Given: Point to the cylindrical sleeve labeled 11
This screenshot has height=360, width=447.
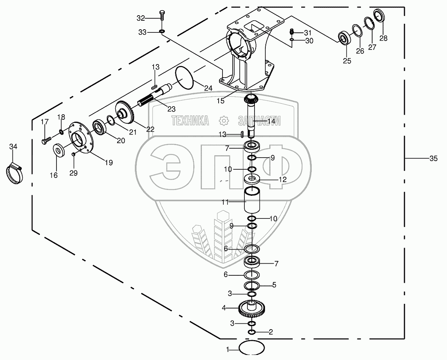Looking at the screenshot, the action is [253, 200].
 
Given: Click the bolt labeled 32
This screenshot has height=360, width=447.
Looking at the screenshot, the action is [162, 15].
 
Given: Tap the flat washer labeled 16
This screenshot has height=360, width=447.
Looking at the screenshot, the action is [59, 150].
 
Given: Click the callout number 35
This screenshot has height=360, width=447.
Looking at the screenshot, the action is [433, 158].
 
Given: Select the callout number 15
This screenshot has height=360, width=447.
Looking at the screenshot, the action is [220, 101].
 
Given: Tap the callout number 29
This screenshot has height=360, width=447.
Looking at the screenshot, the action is [74, 173].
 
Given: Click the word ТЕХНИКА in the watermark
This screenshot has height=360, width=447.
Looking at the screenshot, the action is [190, 121].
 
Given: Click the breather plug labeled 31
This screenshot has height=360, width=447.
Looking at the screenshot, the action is [292, 31].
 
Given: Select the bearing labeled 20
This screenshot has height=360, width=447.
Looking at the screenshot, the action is [99, 127].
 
